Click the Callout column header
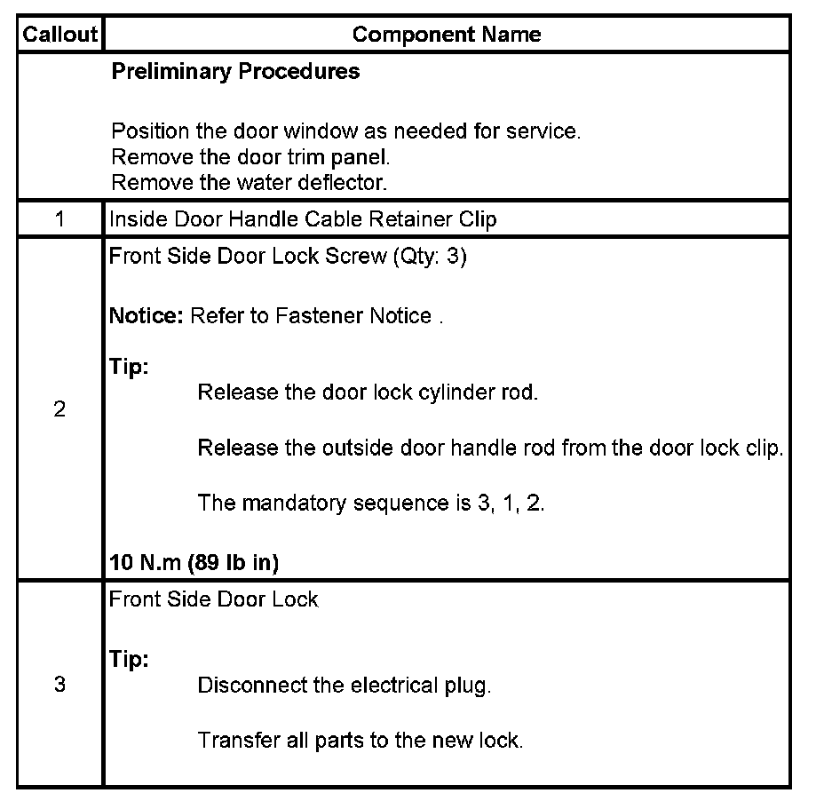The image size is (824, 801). click(59, 35)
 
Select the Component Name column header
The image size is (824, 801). click(446, 35)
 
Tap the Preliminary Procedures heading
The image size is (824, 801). click(235, 72)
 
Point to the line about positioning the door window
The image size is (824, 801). click(345, 131)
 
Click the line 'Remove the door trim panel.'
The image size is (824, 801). click(250, 157)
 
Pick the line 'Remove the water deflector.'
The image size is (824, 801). click(250, 183)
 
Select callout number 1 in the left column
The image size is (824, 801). click(59, 218)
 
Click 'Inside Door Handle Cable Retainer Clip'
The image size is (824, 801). click(303, 219)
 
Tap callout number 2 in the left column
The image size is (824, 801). click(59, 410)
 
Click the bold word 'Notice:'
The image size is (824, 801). click(147, 316)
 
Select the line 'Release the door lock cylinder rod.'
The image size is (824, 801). click(368, 393)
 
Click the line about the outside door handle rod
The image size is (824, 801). click(490, 448)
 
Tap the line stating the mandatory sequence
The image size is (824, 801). click(371, 503)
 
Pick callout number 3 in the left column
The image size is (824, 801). click(59, 686)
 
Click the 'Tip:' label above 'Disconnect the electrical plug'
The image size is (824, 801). click(129, 659)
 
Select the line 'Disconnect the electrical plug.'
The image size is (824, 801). click(344, 686)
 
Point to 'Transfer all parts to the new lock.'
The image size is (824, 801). click(360, 740)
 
